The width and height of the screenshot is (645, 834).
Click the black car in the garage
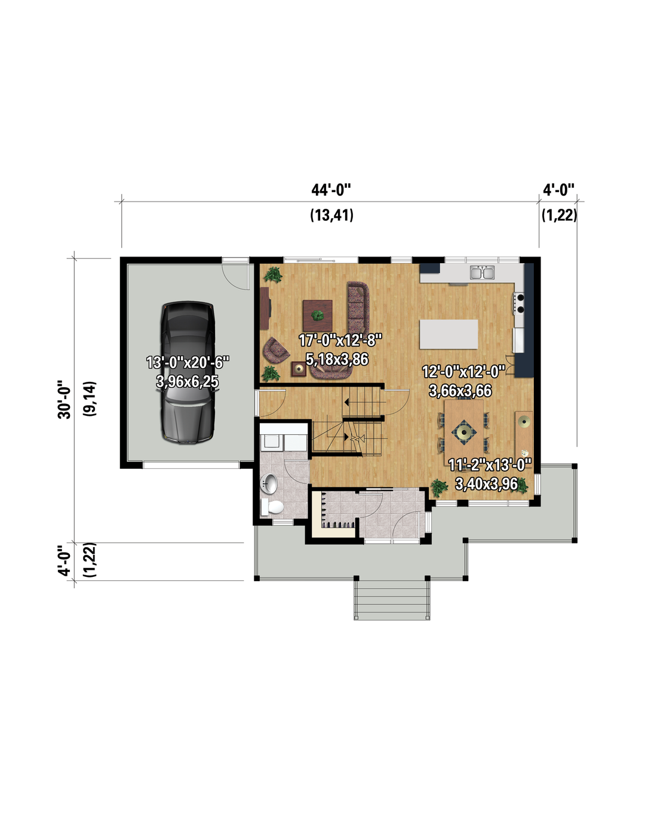click(188, 372)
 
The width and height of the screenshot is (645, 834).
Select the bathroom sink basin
click(269, 484)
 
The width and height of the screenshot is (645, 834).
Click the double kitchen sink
click(482, 273)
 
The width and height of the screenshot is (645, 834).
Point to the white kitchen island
click(449, 334)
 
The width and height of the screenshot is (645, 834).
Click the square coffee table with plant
click(317, 316)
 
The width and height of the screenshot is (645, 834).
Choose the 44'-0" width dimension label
click(331, 190)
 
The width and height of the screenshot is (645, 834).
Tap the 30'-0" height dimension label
click(64, 400)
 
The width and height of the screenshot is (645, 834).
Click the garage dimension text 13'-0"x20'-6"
click(188, 362)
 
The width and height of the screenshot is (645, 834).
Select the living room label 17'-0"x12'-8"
click(340, 340)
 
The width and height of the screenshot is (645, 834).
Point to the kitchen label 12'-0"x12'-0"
click(463, 372)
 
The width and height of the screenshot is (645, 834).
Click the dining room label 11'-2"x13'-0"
click(490, 465)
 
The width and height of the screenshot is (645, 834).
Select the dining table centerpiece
click(464, 433)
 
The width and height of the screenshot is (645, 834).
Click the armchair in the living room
click(276, 349)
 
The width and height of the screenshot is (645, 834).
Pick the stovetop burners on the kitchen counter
click(520, 303)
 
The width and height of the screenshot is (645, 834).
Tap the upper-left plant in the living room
click(273, 274)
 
